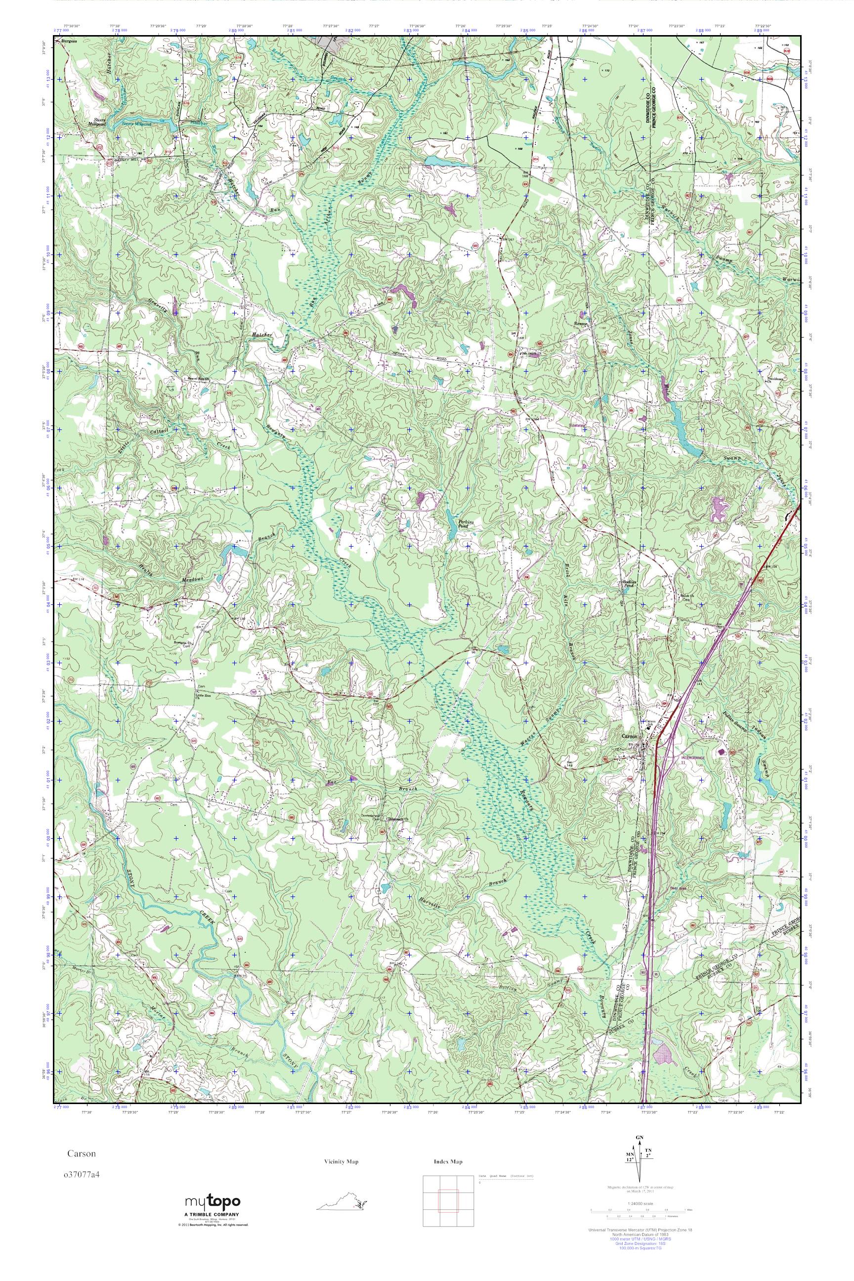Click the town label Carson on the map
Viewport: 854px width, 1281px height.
(629, 735)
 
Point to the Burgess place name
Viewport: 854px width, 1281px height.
(69, 41)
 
